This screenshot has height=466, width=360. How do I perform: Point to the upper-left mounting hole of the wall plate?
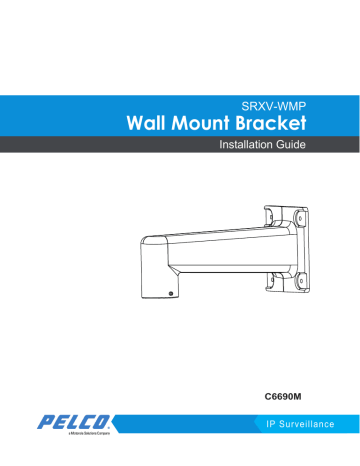(275, 213)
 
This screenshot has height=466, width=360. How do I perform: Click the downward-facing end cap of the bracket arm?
(156, 270)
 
